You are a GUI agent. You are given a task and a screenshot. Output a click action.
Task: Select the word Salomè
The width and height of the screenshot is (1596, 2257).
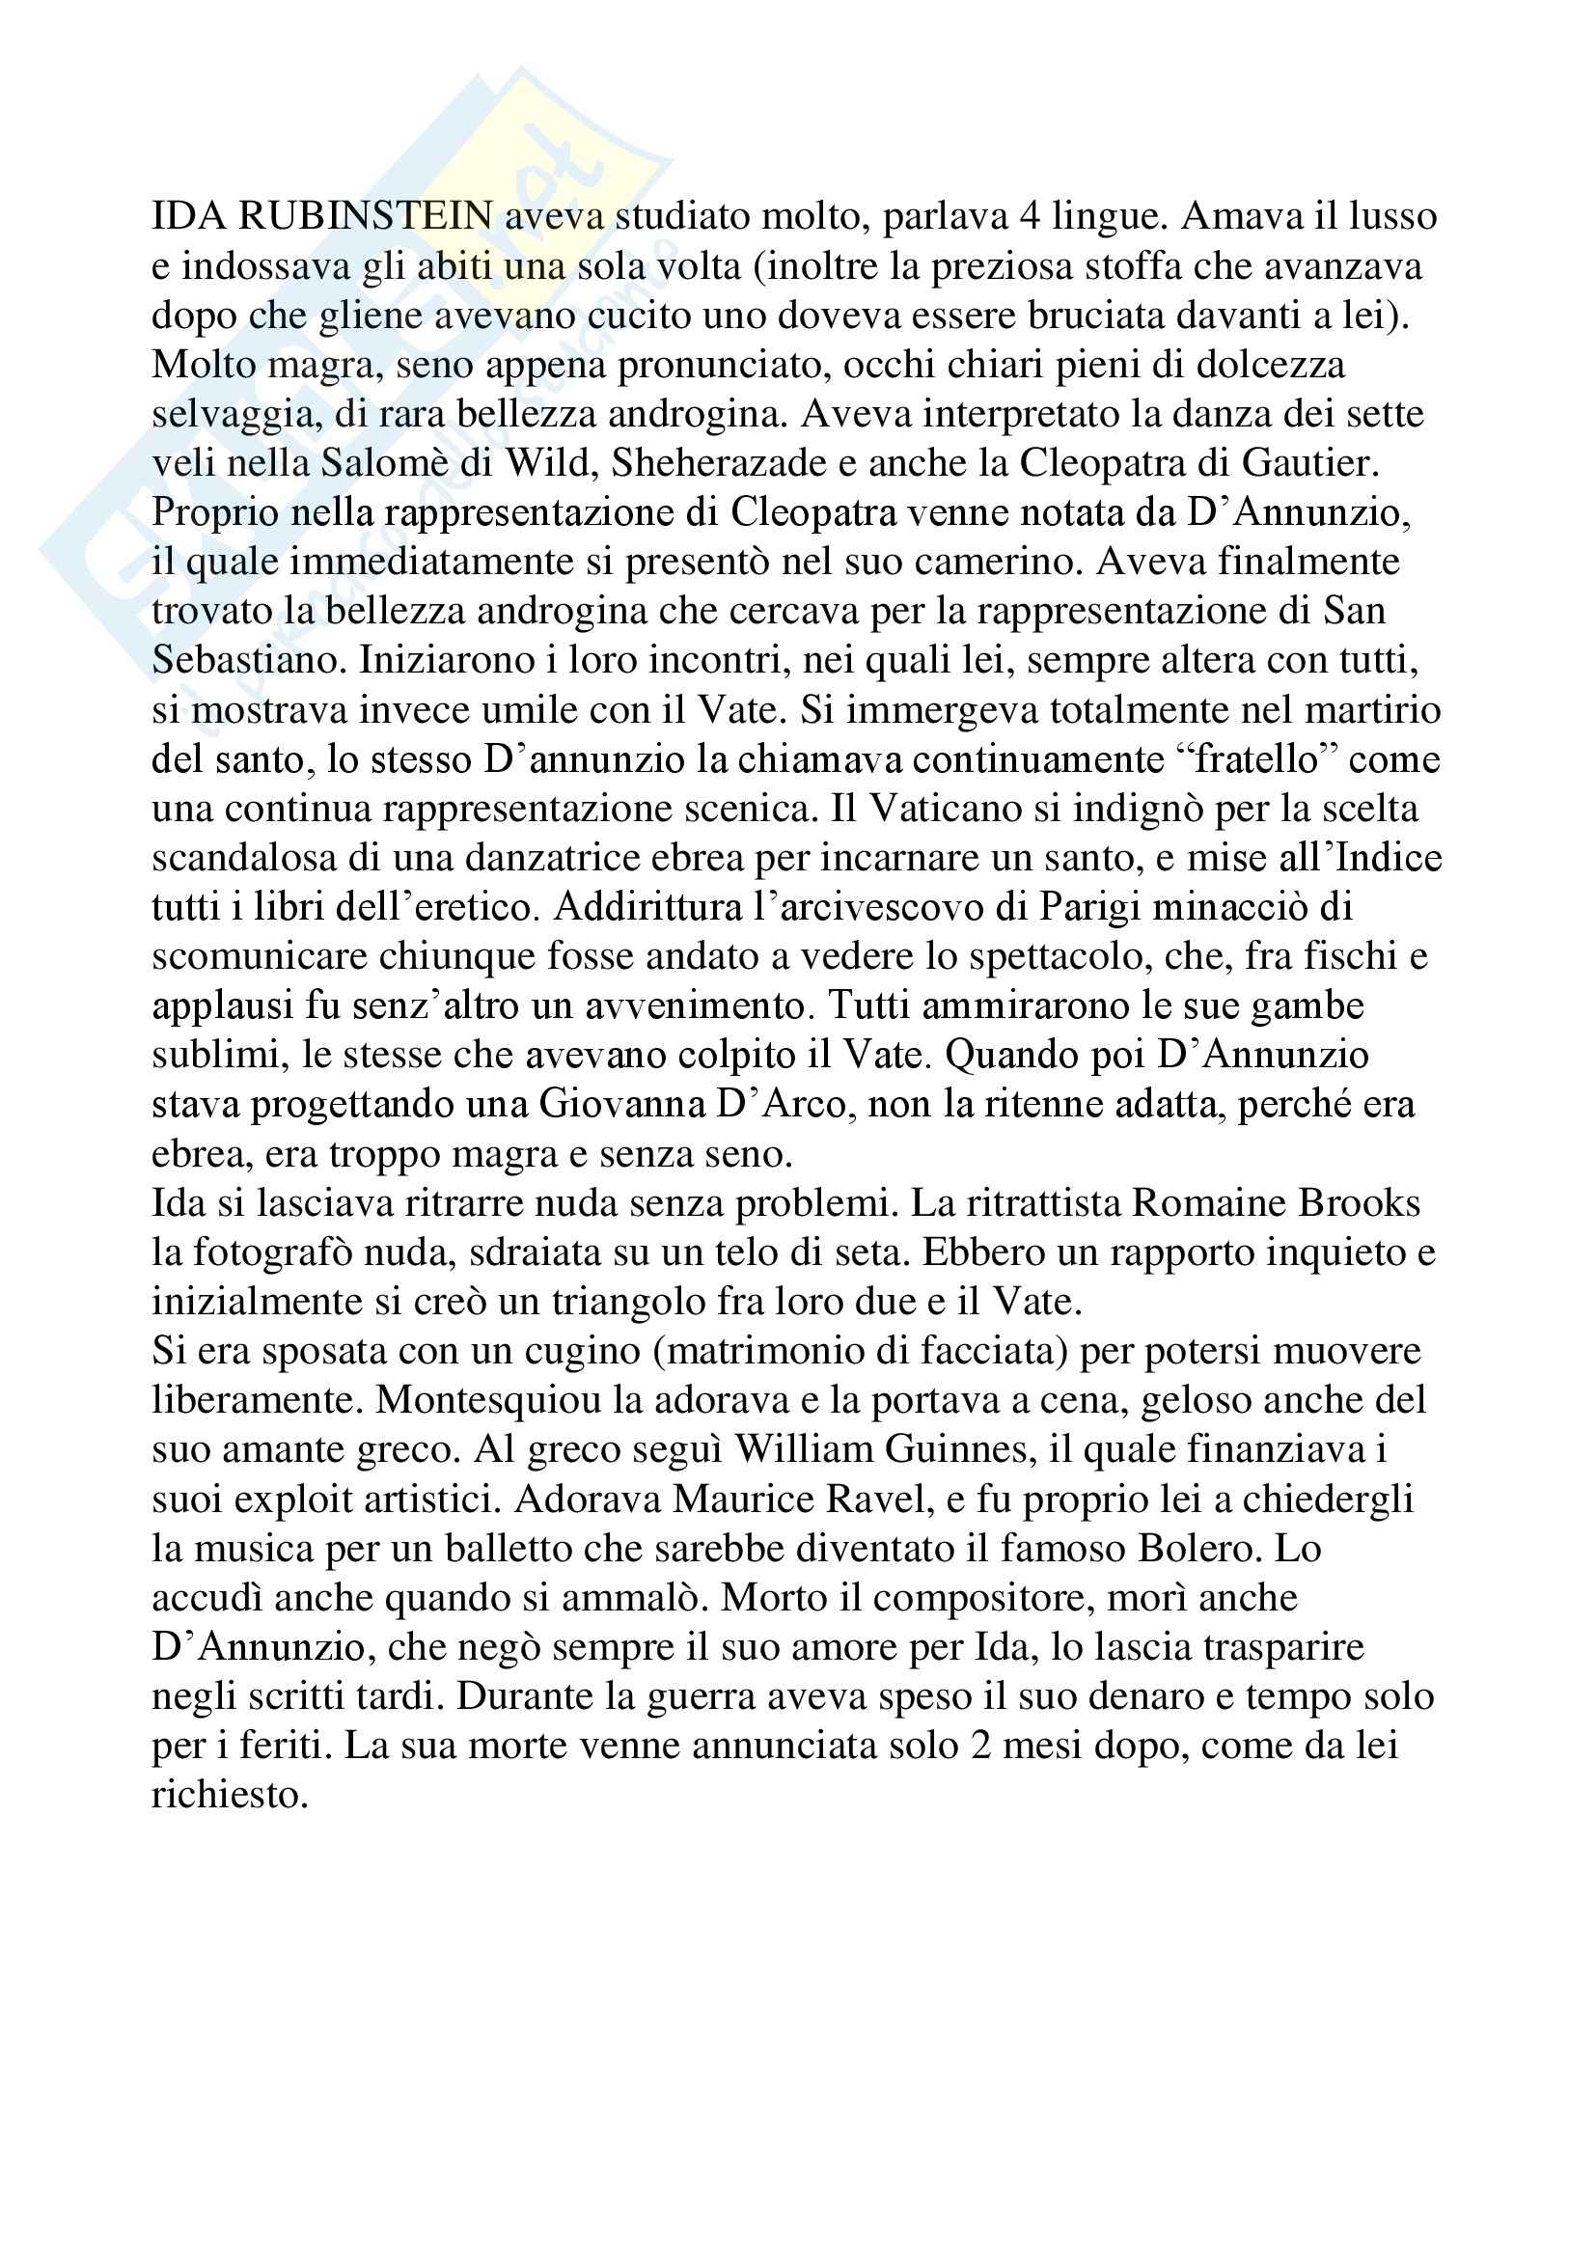[389, 463]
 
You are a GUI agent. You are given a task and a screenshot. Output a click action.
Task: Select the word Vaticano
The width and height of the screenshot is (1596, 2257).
[961, 808]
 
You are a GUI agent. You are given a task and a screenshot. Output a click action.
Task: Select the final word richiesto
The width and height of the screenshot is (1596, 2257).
[230, 1795]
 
